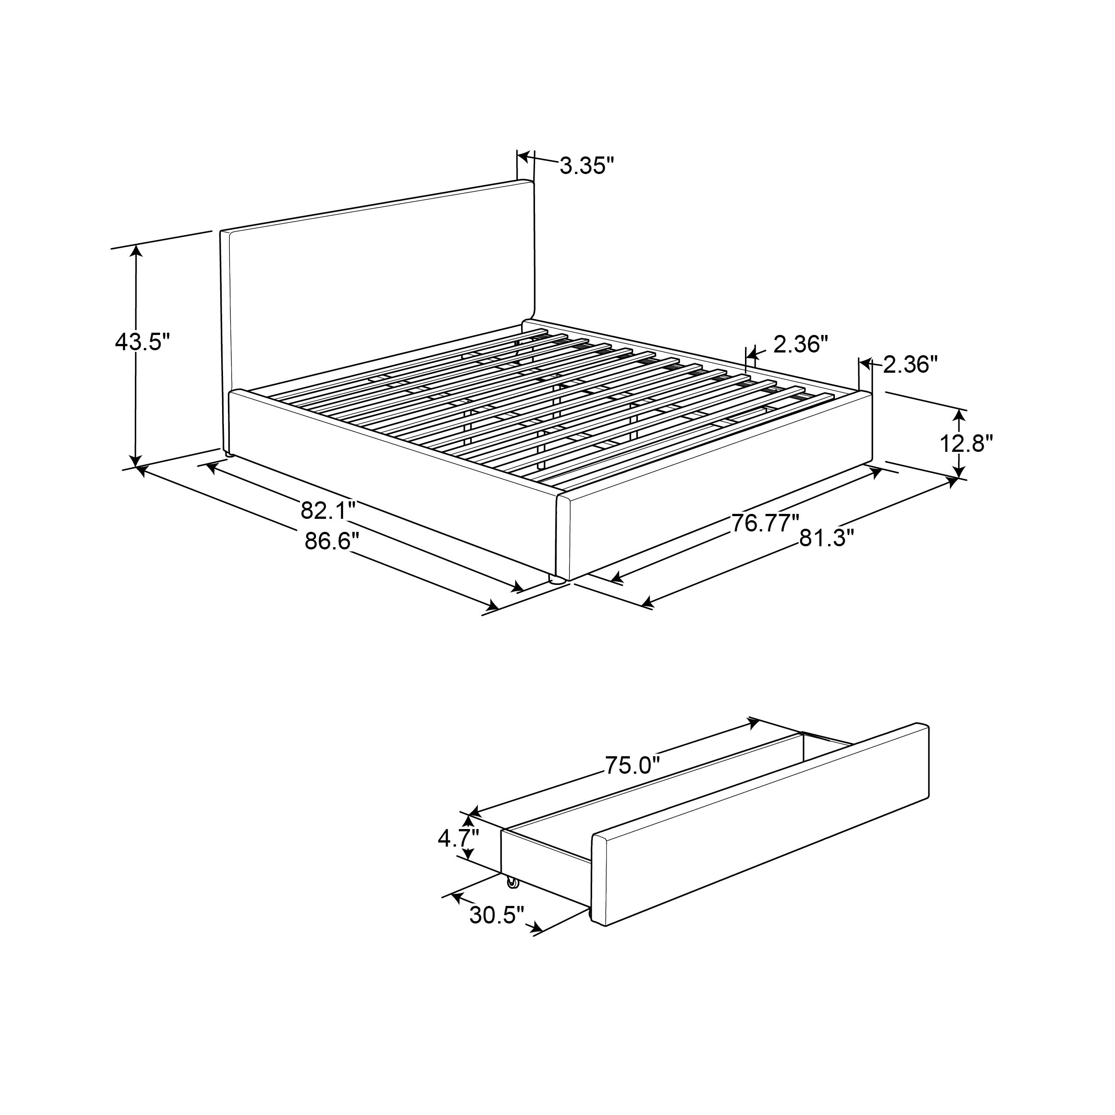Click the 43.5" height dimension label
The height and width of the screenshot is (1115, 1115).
point(143,342)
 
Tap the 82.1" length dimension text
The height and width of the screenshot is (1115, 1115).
point(327,511)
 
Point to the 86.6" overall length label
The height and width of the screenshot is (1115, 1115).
point(332,541)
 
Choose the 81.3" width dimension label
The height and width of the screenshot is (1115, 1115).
point(826,538)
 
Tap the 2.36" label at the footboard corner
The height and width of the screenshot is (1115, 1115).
point(910,365)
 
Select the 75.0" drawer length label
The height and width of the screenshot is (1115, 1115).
point(632,765)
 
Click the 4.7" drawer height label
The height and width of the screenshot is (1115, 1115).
point(458,838)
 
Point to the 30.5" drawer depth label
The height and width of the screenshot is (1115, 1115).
point(496,915)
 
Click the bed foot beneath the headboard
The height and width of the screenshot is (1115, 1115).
point(229,454)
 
